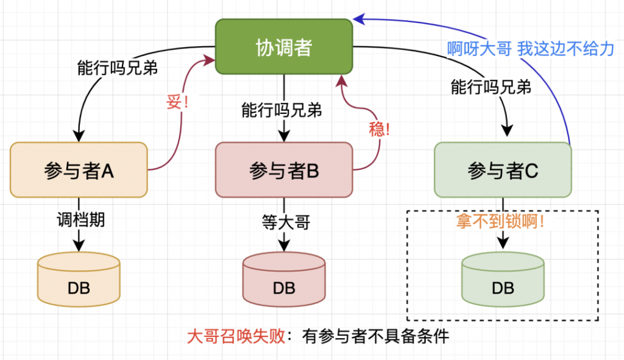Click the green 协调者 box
(x=284, y=48)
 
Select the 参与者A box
(x=79, y=170)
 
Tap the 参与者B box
(x=284, y=170)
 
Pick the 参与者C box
(x=503, y=171)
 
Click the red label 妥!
(x=177, y=102)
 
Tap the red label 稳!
(x=379, y=128)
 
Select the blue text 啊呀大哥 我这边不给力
(x=530, y=49)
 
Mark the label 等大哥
(x=284, y=223)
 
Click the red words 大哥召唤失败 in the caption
(x=236, y=336)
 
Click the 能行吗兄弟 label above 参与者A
(x=118, y=68)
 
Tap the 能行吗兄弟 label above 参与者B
(x=282, y=110)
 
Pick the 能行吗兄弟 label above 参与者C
(x=491, y=87)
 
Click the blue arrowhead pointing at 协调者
(x=359, y=19)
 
